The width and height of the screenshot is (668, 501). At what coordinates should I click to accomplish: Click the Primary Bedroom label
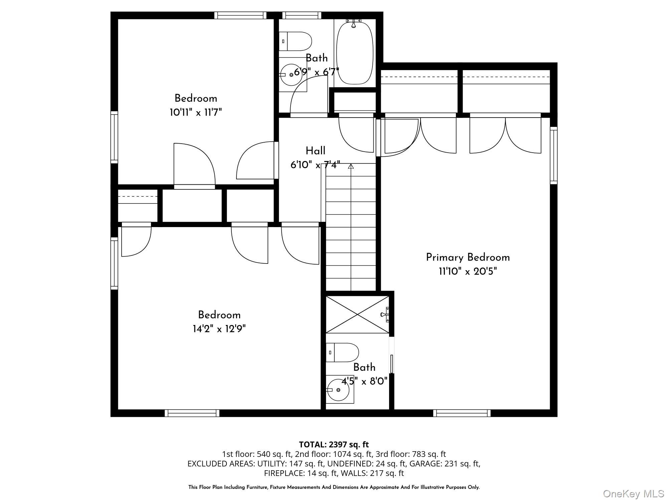468,258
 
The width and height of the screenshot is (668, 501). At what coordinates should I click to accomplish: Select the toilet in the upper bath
295,41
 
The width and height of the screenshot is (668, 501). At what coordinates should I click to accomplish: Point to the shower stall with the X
357,314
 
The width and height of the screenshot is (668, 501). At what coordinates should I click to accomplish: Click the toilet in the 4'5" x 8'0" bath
342,352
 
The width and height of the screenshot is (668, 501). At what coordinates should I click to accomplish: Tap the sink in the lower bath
338,390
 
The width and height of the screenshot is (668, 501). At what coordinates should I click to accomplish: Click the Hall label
315,151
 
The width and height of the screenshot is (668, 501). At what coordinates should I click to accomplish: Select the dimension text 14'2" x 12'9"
219,329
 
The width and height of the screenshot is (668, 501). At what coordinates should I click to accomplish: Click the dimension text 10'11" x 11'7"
196,113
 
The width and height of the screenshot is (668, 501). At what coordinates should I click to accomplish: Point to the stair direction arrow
351,166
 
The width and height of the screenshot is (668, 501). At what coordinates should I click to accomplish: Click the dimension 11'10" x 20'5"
468,272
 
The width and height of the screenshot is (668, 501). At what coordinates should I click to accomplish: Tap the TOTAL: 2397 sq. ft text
334,445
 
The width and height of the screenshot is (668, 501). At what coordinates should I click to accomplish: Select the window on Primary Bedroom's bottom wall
462,413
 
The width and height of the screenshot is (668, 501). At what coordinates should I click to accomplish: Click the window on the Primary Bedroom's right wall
553,155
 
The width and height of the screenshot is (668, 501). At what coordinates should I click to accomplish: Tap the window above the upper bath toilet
302,15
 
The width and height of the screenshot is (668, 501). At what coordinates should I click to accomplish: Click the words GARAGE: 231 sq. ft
445,464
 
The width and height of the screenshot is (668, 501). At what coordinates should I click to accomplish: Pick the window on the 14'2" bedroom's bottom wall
192,413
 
